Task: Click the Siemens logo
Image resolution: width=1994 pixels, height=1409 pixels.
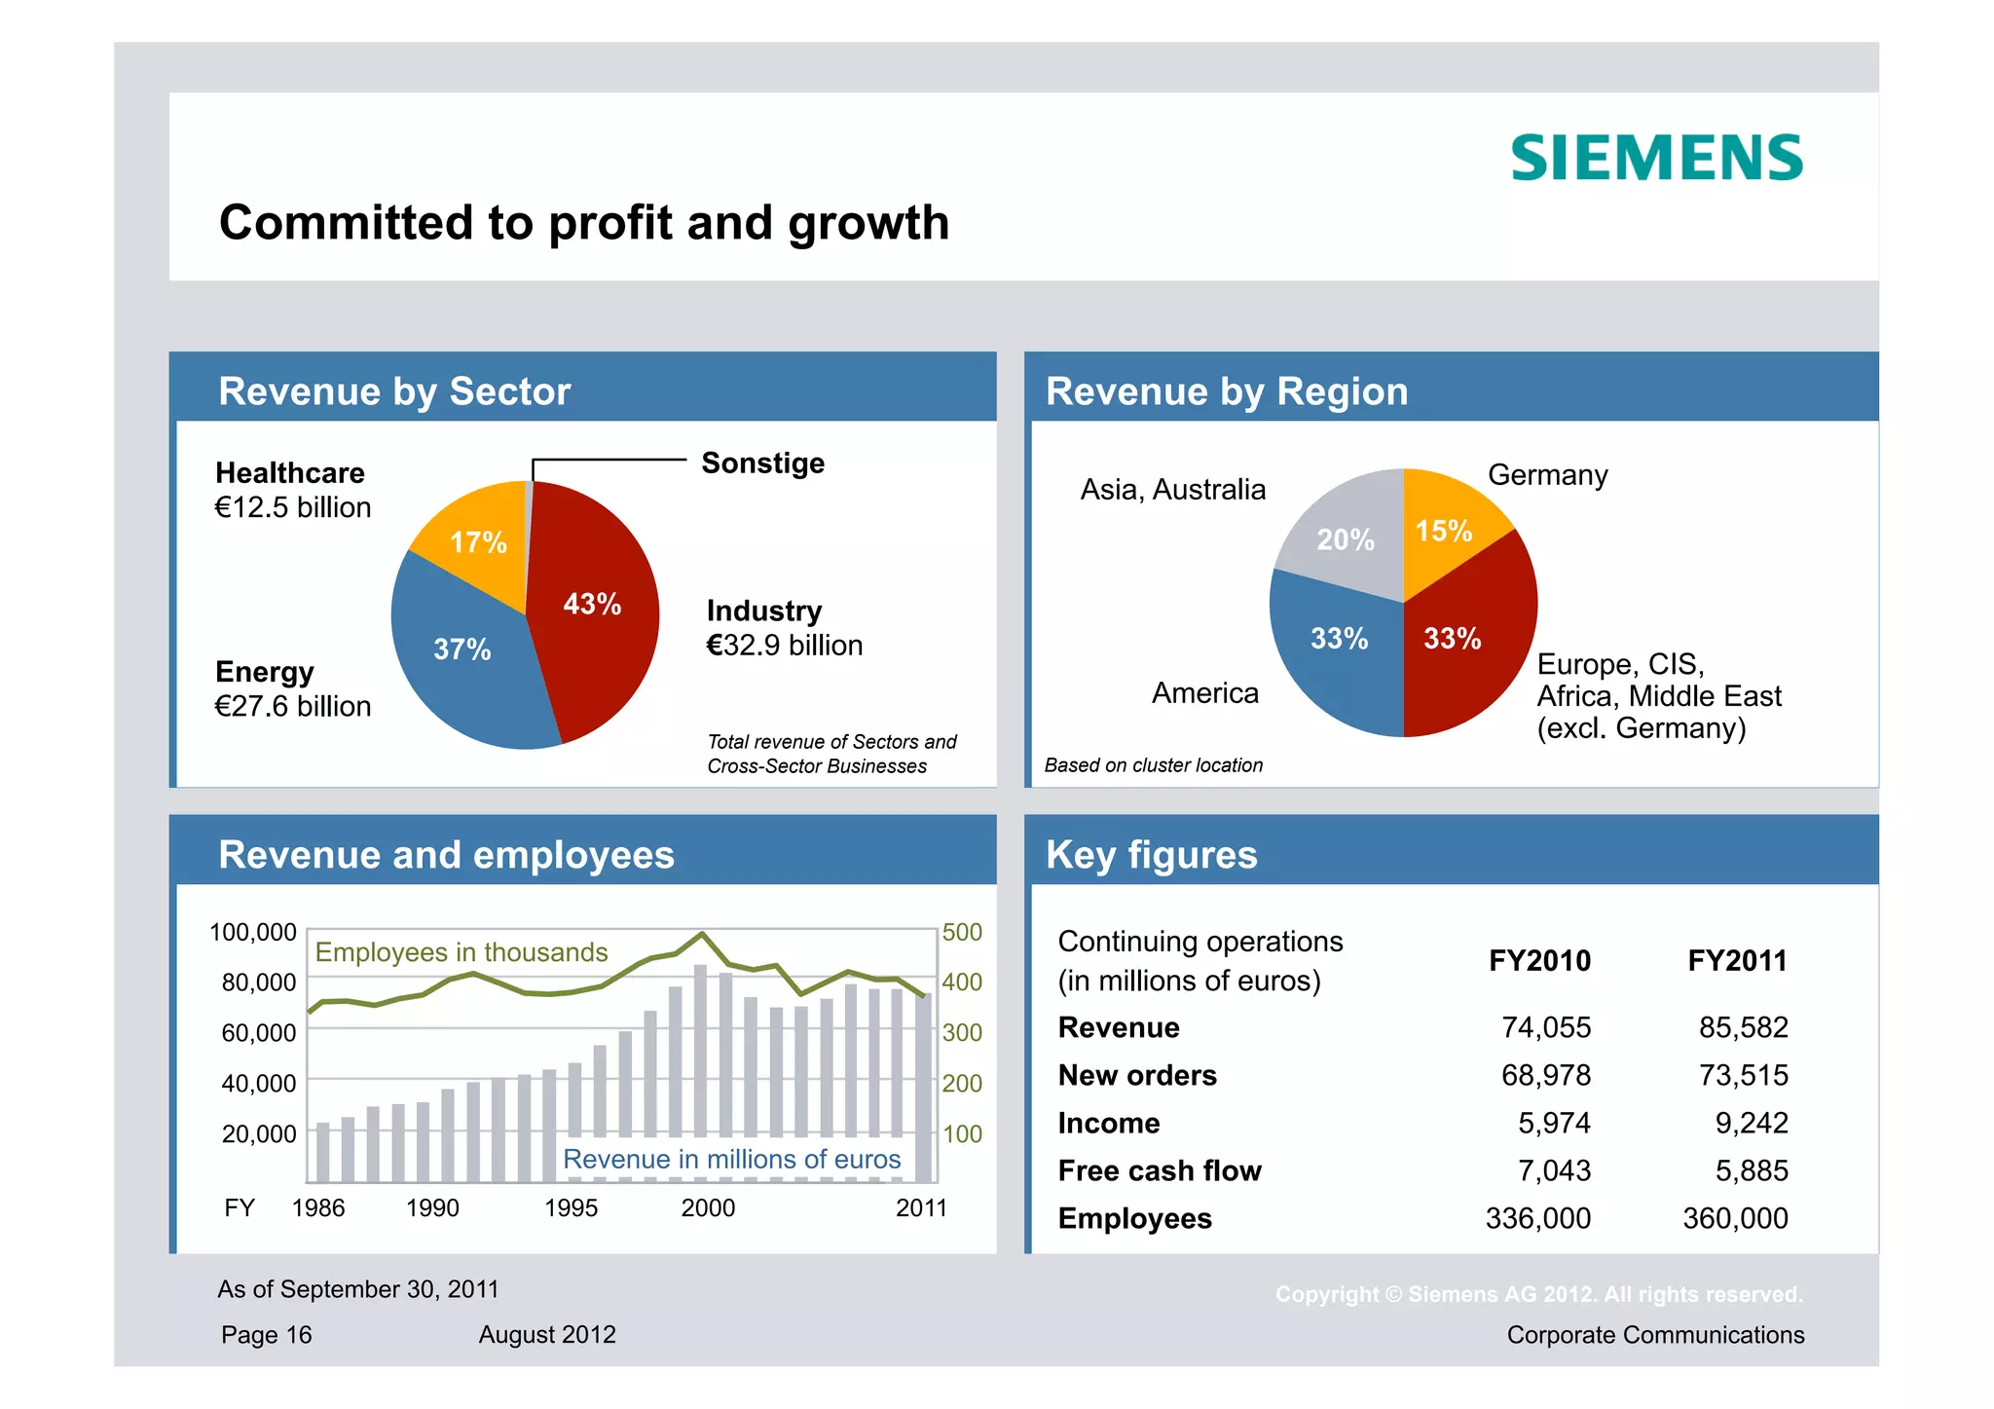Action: (x=1656, y=158)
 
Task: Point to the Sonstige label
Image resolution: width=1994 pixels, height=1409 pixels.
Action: (x=762, y=463)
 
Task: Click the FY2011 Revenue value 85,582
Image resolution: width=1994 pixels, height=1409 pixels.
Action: (x=1743, y=1027)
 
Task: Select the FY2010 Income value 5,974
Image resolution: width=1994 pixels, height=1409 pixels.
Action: (x=1554, y=1123)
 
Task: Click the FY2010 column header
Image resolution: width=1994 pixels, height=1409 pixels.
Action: (x=1539, y=961)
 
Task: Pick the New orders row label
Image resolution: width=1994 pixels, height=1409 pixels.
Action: (x=1137, y=1075)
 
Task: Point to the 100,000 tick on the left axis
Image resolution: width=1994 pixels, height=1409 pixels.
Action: (x=253, y=932)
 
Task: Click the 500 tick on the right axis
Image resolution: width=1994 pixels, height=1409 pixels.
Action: (x=962, y=932)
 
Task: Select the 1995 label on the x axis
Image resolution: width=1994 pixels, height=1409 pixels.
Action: (x=571, y=1207)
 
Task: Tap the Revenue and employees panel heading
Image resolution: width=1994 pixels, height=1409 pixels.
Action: (x=446, y=854)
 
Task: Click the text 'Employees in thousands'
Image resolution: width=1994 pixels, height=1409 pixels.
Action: (x=462, y=951)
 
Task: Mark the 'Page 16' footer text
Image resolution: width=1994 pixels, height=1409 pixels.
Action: (x=266, y=1334)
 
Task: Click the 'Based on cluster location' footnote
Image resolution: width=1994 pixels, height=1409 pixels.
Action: (x=1153, y=765)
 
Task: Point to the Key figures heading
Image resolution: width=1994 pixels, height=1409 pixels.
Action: (x=1151, y=854)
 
